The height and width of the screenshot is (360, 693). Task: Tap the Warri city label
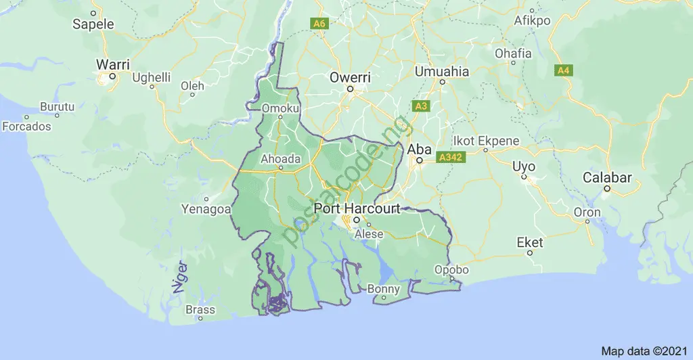coord(112,64)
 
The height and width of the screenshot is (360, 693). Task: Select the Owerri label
coord(350,77)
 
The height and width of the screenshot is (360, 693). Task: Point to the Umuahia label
coord(441,71)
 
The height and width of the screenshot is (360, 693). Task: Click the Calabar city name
coord(607,178)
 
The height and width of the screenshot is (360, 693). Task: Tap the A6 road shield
coord(320,24)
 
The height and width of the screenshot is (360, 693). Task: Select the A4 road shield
coord(563,70)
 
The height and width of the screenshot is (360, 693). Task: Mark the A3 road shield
coord(421,106)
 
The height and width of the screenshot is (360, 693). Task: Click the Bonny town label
coord(383,290)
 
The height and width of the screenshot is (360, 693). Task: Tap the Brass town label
coord(200,310)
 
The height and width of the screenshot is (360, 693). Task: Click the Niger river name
coord(179,277)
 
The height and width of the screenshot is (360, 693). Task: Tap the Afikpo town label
coord(532,20)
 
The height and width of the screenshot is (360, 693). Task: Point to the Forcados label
coord(26,127)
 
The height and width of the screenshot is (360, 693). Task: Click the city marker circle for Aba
coord(420,161)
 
